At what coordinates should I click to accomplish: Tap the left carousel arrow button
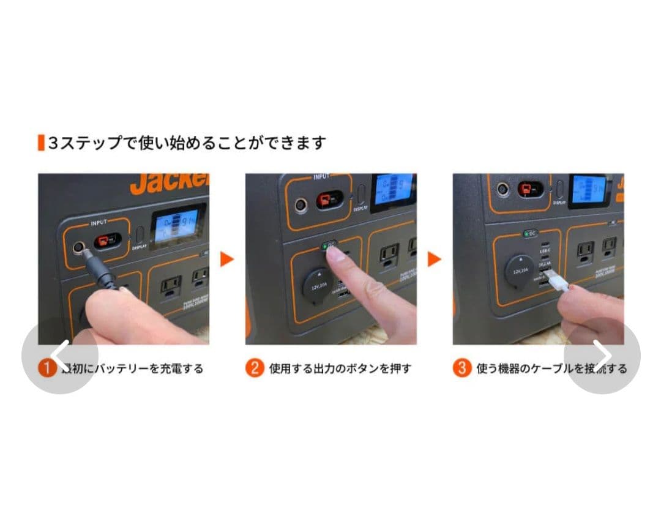(x=59, y=355)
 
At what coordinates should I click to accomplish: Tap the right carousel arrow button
(x=602, y=355)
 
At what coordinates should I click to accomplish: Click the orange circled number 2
(x=255, y=368)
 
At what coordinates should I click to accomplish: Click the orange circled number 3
(x=461, y=368)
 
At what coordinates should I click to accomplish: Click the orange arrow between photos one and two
(x=227, y=259)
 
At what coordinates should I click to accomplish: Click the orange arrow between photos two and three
(x=435, y=259)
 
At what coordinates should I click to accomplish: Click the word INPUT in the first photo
(x=99, y=223)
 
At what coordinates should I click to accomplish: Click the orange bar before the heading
(x=40, y=143)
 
